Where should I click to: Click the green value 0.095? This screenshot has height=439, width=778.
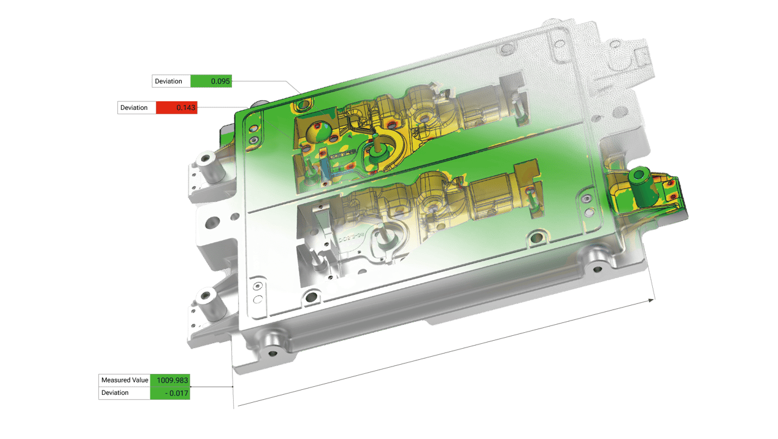pyautogui.click(x=220, y=81)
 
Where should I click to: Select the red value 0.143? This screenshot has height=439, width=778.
pyautogui.click(x=186, y=107)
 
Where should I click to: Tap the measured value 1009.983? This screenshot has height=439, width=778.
pyautogui.click(x=172, y=380)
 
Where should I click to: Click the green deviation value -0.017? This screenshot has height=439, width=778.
pyautogui.click(x=177, y=393)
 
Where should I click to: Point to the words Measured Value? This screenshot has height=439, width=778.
pyautogui.click(x=125, y=380)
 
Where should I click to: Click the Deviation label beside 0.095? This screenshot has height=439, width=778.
pyautogui.click(x=169, y=81)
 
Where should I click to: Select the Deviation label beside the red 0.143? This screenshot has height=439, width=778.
pyautogui.click(x=134, y=107)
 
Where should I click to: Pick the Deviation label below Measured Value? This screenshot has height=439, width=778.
pyautogui.click(x=115, y=393)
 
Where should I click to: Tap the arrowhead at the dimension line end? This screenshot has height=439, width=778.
pyautogui.click(x=651, y=300)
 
